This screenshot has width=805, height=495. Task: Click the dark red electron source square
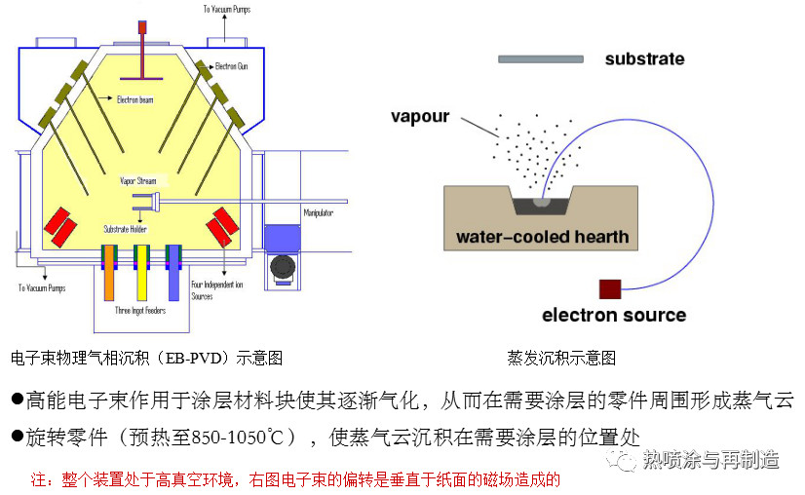coord(610,288)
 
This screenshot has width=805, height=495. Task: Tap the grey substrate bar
coord(541,59)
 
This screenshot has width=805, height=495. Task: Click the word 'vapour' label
coord(420,116)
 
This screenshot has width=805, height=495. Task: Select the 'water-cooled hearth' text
coord(543,237)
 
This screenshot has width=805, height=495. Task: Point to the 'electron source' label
coord(614,315)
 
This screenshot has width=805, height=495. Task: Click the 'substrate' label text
coord(644,58)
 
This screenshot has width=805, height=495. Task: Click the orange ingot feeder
coord(110,278)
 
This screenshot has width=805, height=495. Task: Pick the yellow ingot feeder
coord(142,278)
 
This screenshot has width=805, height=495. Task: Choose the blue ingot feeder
coord(173,278)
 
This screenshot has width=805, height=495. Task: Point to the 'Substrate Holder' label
coord(124,229)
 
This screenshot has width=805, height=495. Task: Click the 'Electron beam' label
coord(134,99)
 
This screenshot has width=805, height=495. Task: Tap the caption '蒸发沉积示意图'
coord(561,358)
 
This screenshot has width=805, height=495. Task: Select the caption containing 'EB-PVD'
coord(146,358)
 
